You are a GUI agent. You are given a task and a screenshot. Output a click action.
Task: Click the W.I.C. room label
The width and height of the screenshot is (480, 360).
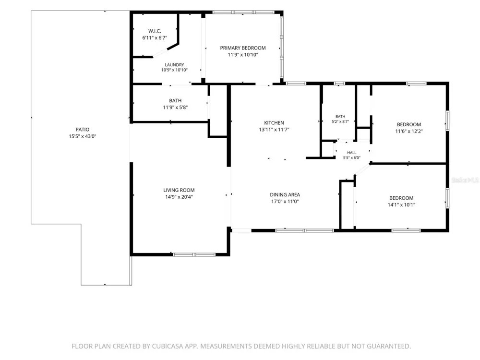(x=155, y=31)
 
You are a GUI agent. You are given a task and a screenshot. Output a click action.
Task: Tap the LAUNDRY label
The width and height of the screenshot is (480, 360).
(x=175, y=65)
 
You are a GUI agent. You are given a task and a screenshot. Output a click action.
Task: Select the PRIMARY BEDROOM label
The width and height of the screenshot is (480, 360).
(x=243, y=48)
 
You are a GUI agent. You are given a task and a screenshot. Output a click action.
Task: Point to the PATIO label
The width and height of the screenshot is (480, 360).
(x=83, y=130)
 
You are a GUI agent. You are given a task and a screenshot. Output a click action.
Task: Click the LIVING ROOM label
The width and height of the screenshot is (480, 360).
(x=179, y=190)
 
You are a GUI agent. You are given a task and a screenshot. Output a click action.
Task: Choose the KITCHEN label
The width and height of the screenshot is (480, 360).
(x=274, y=123)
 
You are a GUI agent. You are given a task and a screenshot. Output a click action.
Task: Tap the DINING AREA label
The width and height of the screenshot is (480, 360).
(x=285, y=195)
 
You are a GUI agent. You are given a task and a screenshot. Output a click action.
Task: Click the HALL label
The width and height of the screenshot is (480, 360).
(x=352, y=153)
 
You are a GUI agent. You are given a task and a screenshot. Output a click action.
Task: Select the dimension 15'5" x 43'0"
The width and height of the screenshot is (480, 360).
(x=83, y=136)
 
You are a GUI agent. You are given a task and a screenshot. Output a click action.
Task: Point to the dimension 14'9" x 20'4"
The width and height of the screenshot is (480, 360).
(x=179, y=197)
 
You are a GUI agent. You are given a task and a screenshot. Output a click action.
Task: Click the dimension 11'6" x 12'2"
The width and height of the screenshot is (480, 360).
(x=409, y=132)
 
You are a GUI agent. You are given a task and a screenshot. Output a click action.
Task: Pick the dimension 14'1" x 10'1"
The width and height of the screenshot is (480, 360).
(x=401, y=205)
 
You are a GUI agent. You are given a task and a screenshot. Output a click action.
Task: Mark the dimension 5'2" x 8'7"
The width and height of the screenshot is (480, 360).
(x=340, y=121)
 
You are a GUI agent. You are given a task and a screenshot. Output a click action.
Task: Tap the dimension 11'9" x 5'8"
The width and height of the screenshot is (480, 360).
(x=175, y=108)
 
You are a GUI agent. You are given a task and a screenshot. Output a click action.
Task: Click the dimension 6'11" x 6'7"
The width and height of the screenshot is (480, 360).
(x=155, y=38)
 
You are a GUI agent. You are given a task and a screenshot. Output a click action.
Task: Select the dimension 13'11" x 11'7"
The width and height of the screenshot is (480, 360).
(x=274, y=130)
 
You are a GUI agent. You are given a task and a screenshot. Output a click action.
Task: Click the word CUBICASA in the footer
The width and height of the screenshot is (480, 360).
(x=167, y=346)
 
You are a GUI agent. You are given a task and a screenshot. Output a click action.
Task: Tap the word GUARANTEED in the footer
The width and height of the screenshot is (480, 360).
(x=389, y=346)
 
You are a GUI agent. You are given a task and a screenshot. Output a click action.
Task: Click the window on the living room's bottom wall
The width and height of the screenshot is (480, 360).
(x=194, y=254)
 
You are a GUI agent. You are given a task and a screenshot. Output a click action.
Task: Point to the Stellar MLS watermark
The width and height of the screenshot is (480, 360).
(x=465, y=180)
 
